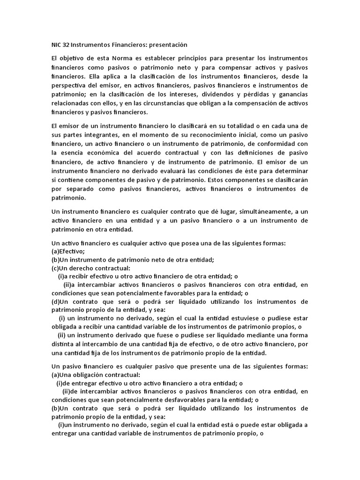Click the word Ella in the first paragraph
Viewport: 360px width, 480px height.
93,76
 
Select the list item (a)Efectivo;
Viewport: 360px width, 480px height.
68,251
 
